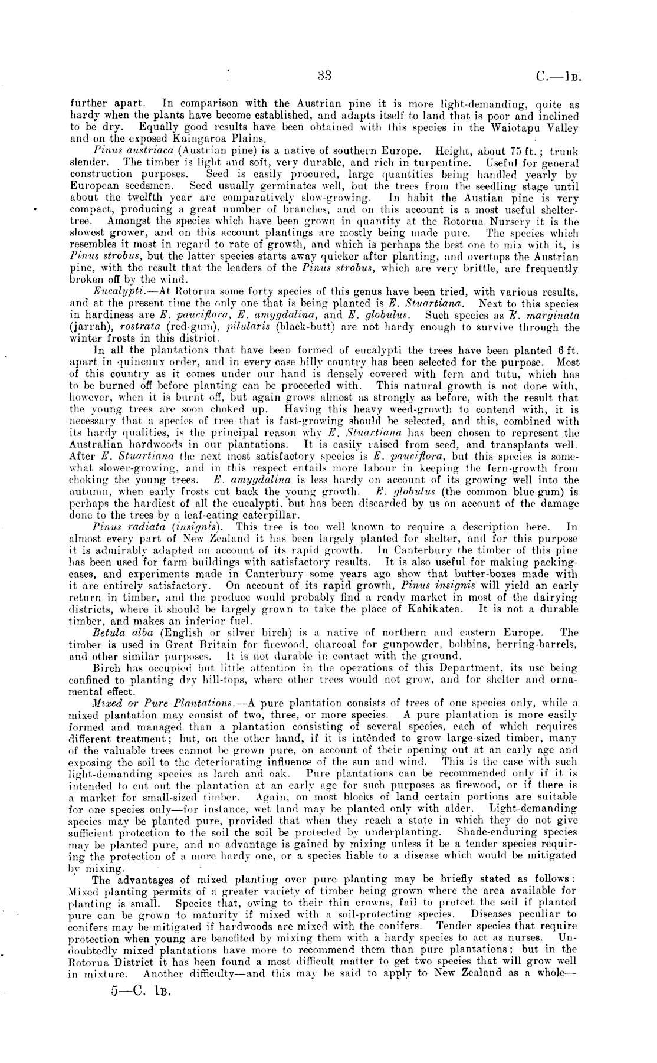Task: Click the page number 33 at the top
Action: (x=325, y=76)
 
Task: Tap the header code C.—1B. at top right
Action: (x=559, y=76)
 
